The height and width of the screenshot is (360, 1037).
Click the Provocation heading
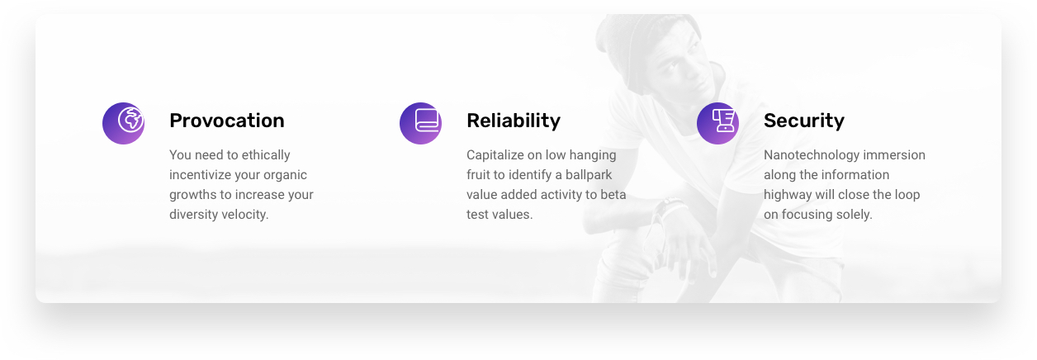[x=227, y=121]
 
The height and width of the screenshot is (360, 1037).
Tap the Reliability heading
[x=514, y=121]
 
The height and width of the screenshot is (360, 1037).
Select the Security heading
[x=804, y=121]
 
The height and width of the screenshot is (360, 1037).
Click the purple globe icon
[x=123, y=123]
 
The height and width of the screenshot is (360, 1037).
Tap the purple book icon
[x=420, y=123]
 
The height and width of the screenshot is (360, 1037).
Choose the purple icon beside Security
[x=717, y=123]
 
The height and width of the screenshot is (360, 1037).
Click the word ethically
[x=266, y=155]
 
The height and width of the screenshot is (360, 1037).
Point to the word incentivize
[x=200, y=175]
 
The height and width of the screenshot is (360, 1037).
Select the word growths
[x=193, y=195]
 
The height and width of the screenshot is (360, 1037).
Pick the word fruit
[x=477, y=175]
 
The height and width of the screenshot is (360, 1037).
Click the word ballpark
[x=589, y=175]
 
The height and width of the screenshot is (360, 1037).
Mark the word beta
[x=613, y=195]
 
